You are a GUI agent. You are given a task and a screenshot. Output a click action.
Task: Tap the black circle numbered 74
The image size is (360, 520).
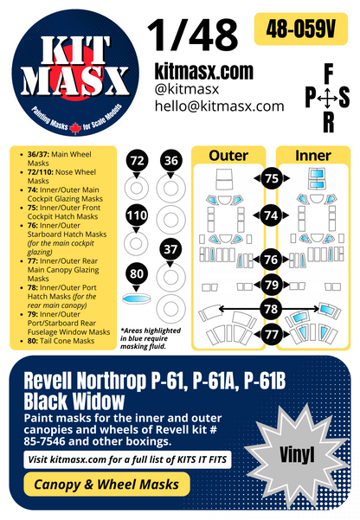click(x=272, y=215)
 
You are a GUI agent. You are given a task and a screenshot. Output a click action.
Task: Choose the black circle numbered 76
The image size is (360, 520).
click(x=272, y=260)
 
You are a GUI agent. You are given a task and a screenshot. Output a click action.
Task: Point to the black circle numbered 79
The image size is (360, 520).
click(x=272, y=284)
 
